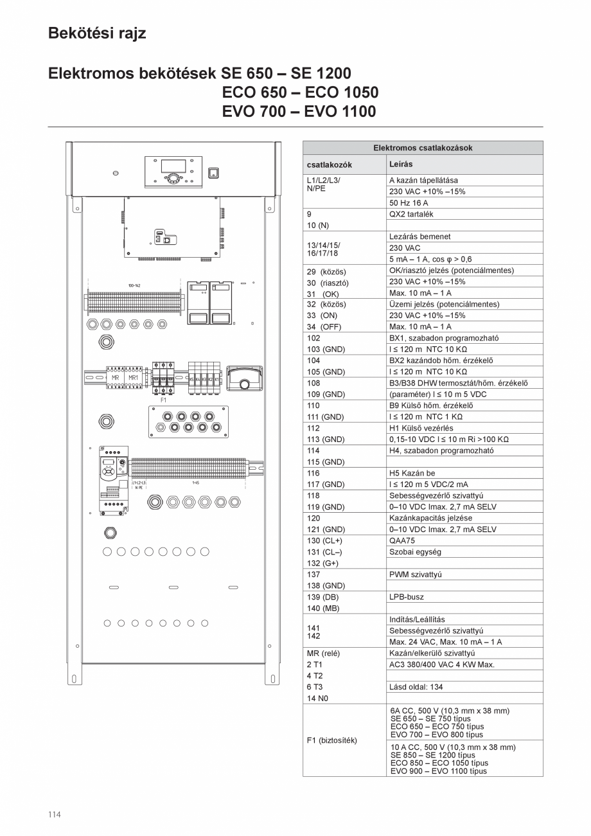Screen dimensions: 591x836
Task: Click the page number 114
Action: (x=55, y=814)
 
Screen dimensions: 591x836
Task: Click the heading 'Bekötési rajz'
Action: (x=97, y=33)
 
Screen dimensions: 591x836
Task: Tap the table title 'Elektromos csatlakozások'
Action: (x=423, y=148)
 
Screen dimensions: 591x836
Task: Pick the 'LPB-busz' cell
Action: (x=407, y=597)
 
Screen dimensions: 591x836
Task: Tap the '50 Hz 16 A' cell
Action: (x=409, y=203)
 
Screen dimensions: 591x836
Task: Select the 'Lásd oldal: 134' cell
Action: (x=416, y=687)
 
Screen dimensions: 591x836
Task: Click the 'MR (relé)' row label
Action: (x=324, y=653)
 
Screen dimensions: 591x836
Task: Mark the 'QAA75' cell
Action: (x=402, y=540)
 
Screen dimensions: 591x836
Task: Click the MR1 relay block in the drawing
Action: (x=133, y=378)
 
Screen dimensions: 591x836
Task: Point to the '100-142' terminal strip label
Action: (x=134, y=285)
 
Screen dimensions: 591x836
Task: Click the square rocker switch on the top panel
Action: (x=214, y=172)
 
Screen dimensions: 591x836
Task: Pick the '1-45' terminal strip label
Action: (x=195, y=481)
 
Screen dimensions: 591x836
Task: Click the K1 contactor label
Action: (x=217, y=380)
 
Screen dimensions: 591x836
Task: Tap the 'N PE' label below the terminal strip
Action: (x=139, y=488)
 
